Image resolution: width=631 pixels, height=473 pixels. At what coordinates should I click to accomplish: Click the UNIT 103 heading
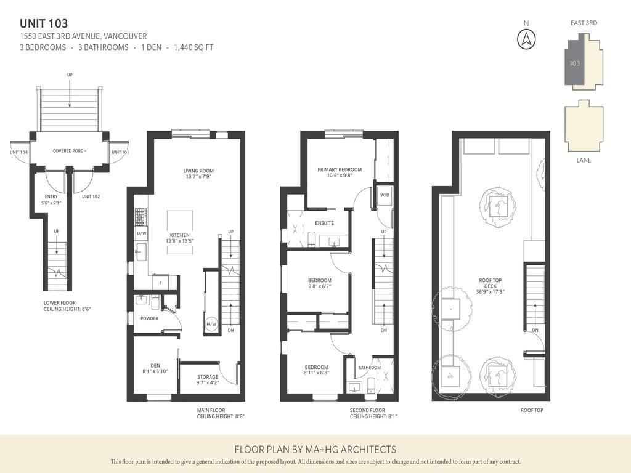pos(44,23)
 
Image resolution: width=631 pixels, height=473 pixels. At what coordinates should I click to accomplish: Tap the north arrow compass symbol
pos(526,38)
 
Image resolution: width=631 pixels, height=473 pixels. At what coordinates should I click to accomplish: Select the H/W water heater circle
pos(211,325)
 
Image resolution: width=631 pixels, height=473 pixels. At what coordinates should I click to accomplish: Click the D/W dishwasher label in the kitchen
pos(141,233)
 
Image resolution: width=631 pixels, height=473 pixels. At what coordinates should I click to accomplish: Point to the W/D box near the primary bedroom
pos(385,196)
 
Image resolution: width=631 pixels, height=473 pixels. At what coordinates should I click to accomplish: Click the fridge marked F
pos(161,282)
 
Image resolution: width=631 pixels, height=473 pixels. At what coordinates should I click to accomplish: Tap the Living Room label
pos(198,171)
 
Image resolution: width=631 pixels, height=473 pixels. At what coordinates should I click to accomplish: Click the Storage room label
pos(207,377)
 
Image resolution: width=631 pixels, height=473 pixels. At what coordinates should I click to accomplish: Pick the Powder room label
pos(149,318)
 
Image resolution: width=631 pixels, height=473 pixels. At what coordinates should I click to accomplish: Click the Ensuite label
pos(324,223)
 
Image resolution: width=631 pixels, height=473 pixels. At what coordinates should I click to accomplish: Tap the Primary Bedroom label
pos(340,169)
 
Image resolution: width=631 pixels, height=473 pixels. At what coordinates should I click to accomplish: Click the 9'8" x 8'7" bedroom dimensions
pos(320,286)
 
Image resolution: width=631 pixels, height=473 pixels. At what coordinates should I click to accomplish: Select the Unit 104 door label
pos(18,152)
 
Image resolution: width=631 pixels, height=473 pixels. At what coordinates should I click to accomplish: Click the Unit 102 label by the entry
pos(91,196)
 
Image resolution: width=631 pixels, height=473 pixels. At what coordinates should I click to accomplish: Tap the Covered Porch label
pos(69,151)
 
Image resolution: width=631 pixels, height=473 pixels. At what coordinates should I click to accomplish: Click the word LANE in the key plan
pos(584,160)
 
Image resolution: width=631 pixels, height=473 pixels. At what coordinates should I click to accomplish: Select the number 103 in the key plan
pos(574,63)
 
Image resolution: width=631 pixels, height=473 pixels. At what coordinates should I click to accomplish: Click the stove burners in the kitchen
pos(139,216)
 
